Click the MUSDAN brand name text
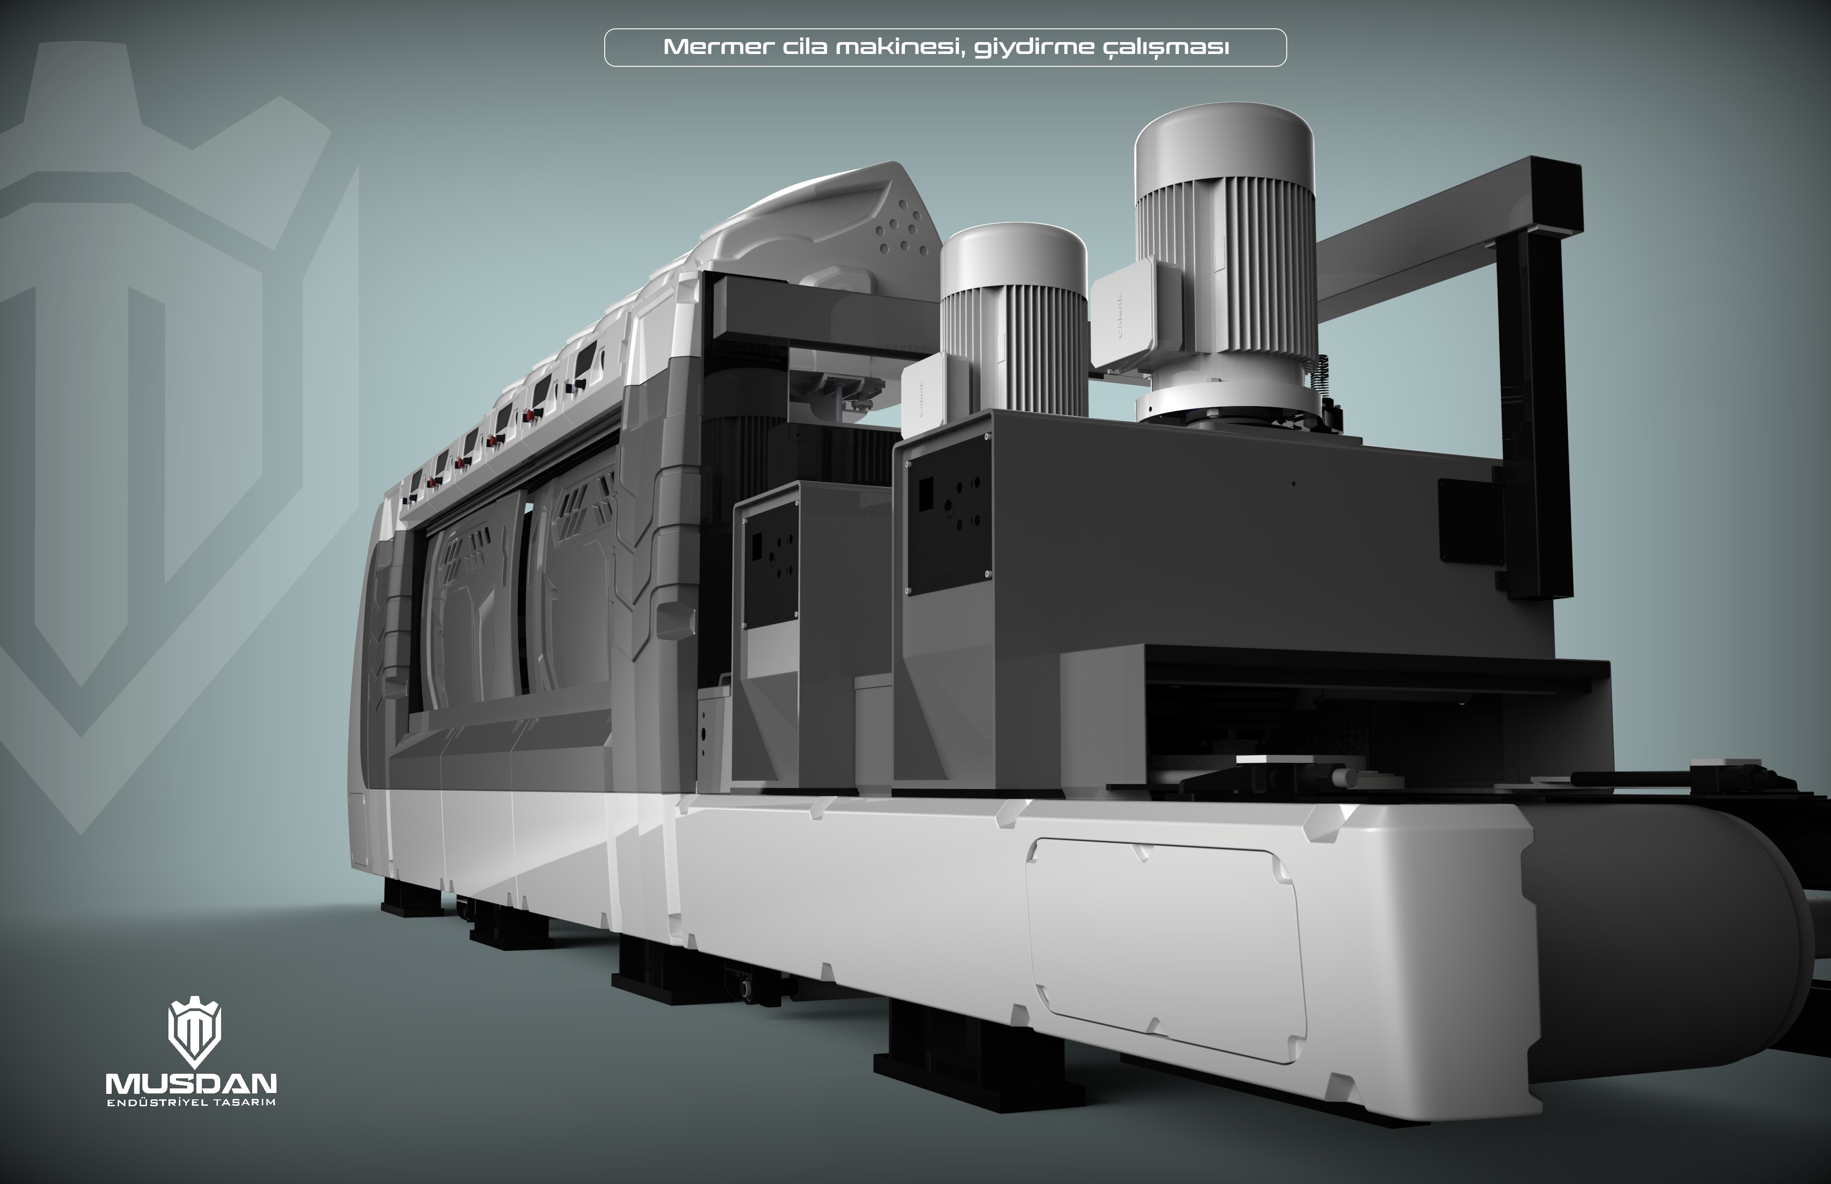click(191, 1084)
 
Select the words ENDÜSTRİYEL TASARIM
click(191, 1104)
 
